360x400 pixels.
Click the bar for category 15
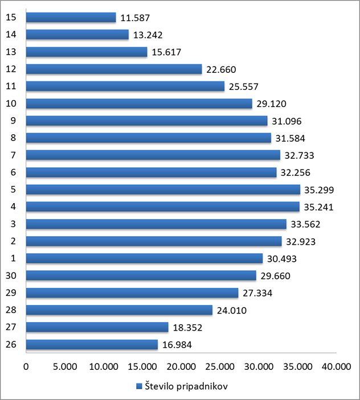(71, 18)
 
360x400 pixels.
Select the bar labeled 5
(163, 189)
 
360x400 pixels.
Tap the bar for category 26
(92, 345)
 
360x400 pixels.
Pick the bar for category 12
(114, 69)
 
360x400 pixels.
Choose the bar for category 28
(119, 310)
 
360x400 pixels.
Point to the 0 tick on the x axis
(26, 368)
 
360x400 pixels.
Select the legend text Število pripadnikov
(186, 386)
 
